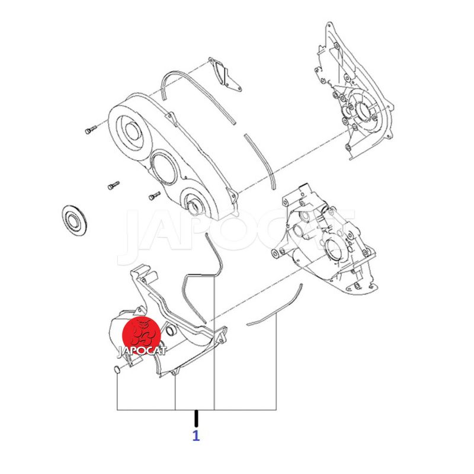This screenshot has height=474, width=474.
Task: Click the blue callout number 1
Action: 196,435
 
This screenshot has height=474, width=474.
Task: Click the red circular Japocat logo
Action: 141,337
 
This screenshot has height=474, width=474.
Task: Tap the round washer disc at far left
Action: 74,220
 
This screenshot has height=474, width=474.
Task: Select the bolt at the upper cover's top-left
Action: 90,129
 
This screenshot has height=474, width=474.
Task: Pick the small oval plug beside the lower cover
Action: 116,369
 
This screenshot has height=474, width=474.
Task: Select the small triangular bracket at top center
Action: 225,74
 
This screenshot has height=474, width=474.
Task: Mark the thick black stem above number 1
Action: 196,418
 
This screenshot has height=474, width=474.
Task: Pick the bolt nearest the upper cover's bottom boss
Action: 155,196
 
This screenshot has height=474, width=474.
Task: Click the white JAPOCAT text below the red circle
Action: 142,351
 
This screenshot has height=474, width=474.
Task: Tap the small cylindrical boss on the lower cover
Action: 171,331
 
